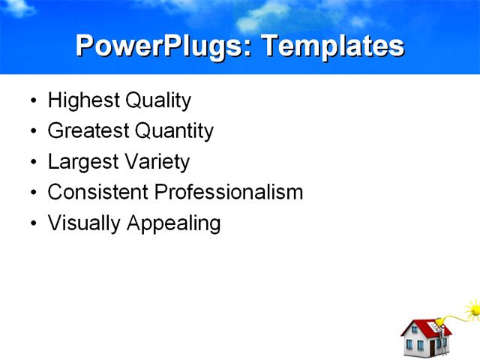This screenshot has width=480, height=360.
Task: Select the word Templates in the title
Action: (331, 46)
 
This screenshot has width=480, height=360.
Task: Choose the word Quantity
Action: (174, 131)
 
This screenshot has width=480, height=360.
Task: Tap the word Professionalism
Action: (229, 192)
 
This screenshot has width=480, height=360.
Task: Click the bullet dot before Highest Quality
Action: (32, 101)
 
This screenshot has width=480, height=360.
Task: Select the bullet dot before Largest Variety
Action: (32, 163)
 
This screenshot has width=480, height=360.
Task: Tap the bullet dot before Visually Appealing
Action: (32, 224)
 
